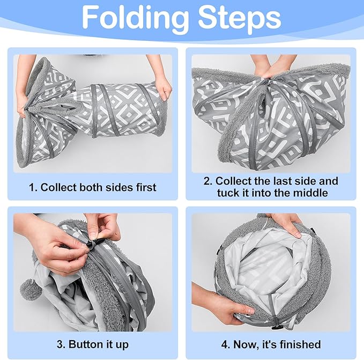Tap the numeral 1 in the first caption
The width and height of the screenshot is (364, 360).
33,187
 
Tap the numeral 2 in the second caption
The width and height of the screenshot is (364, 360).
208,181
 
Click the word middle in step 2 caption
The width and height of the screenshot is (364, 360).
309,193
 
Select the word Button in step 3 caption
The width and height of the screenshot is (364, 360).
85,344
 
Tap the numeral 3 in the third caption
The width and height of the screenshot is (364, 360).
61,344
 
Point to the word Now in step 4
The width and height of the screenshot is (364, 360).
245,344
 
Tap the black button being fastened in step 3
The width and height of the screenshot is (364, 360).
91,244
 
